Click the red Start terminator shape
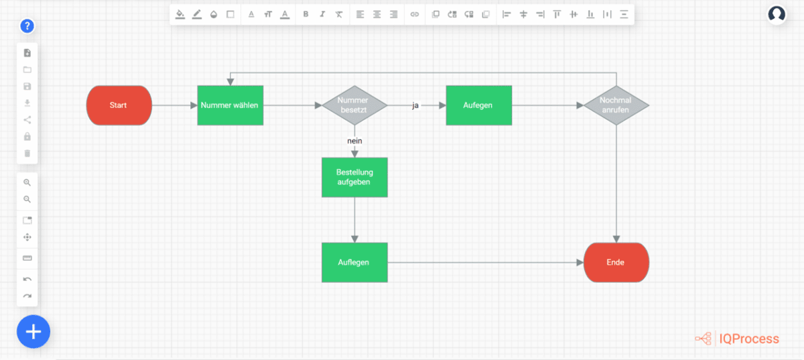119,105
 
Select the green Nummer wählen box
230,105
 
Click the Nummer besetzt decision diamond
354,105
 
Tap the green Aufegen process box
478,105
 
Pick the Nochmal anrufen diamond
616,105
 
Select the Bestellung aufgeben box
354,178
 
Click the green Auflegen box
354,262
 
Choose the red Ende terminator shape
616,262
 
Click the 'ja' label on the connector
415,105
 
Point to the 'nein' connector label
354,141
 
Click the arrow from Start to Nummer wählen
174,105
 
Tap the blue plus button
33,331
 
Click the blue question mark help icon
27,26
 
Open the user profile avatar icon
777,15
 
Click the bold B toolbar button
306,14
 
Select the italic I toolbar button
322,14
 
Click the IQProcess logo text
748,339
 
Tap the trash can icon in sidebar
27,154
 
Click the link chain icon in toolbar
415,14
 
